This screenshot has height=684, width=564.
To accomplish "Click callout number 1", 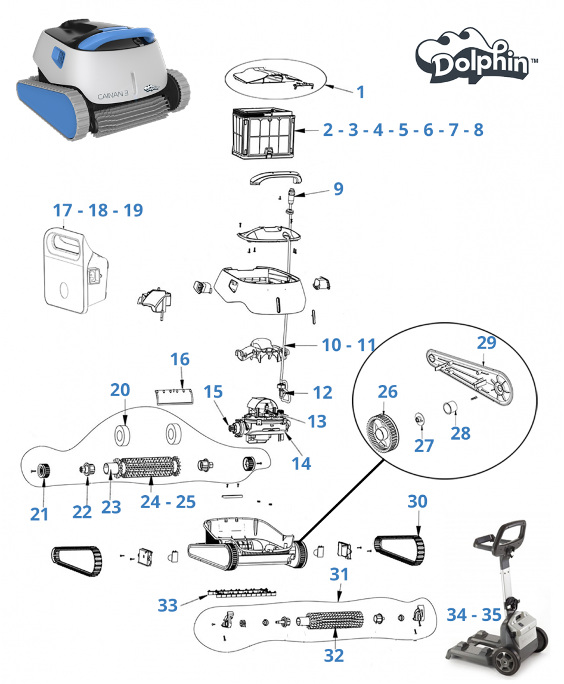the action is pos(360,92).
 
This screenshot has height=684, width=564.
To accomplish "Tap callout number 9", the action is pos(338,189).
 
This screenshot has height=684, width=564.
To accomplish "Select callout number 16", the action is pos(180,359).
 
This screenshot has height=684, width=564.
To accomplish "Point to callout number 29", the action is pos(486,343).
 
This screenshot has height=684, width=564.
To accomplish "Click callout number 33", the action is pos(168,605).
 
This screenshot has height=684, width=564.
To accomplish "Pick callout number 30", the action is pos(417,502).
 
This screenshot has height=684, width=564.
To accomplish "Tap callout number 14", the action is pos(301,464).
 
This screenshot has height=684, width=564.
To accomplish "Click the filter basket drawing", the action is pos(262,132).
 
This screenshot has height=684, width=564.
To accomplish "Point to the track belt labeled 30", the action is pos(399,550).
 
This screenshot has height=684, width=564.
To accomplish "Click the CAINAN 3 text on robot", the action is pos(113,96).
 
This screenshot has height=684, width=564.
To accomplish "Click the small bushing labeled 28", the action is pos(450,408).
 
